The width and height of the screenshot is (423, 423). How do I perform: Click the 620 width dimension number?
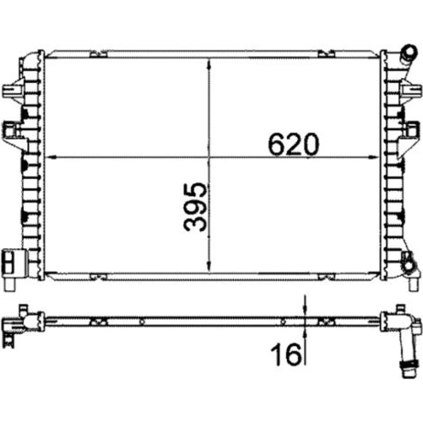(x=294, y=144)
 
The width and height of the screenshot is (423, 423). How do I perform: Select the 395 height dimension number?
(x=195, y=207)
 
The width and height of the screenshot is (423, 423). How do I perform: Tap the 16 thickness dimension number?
(x=286, y=354)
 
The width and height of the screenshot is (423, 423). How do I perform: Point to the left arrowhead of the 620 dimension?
(x=51, y=157)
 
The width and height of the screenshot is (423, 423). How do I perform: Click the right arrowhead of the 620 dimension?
(x=374, y=157)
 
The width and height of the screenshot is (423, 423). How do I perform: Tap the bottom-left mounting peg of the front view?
(x=10, y=284)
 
